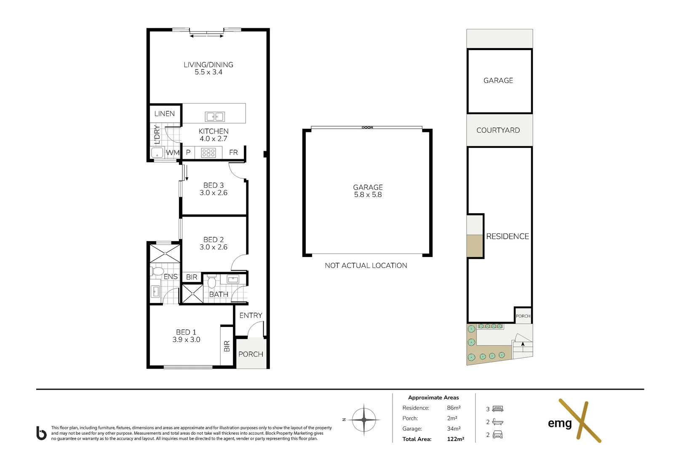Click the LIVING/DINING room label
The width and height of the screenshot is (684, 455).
(x=208, y=65)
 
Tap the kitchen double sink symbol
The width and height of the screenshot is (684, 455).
(x=214, y=117)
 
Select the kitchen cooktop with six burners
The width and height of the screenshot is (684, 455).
(x=208, y=153)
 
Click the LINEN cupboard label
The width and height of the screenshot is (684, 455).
(x=164, y=114)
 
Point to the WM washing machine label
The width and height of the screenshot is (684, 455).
(x=172, y=153)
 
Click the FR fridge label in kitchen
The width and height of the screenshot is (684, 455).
(x=233, y=153)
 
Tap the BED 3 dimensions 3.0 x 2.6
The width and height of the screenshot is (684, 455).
(x=214, y=193)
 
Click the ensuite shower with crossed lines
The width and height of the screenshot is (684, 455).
(x=165, y=254)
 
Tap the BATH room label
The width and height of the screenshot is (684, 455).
(x=219, y=294)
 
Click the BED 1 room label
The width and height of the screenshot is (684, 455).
(x=186, y=332)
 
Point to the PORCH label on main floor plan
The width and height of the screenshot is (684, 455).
(x=251, y=354)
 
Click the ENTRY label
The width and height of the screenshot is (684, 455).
(x=251, y=316)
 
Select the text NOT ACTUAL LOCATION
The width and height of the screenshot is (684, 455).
(x=366, y=265)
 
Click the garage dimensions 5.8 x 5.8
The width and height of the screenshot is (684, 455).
(x=368, y=195)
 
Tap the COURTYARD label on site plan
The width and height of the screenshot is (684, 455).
(x=498, y=131)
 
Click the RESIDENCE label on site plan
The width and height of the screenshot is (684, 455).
(x=508, y=237)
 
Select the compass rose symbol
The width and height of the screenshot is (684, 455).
(x=364, y=420)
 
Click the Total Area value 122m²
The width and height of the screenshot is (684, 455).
(x=455, y=439)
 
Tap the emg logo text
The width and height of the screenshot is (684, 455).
(x=560, y=423)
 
